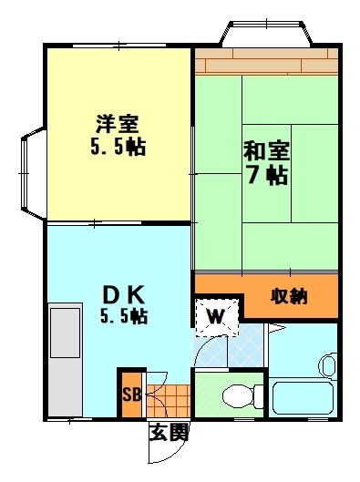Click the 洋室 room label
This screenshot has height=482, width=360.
click(118, 124)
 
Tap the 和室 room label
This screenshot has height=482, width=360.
click(266, 151)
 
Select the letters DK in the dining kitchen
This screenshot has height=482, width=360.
click(123, 295)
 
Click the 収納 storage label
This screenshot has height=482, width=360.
click(289, 297)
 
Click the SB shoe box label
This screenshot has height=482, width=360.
click(132, 395)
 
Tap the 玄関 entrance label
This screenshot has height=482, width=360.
click(169, 433)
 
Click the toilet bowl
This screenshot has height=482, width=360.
click(238, 396)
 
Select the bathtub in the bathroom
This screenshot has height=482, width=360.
click(303, 398)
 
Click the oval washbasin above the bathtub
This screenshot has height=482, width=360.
click(328, 364)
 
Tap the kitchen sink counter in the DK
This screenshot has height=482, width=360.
click(66, 360)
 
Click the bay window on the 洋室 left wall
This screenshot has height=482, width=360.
click(33, 174)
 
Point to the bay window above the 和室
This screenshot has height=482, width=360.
click(266, 33)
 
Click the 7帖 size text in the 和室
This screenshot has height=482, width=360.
click(267, 175)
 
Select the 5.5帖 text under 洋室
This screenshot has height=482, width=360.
click(118, 147)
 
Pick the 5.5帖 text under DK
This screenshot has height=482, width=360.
click(124, 315)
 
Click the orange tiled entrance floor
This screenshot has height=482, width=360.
click(168, 400)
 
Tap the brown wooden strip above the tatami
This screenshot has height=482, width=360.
click(266, 61)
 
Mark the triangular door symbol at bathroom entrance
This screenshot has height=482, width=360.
click(276, 328)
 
